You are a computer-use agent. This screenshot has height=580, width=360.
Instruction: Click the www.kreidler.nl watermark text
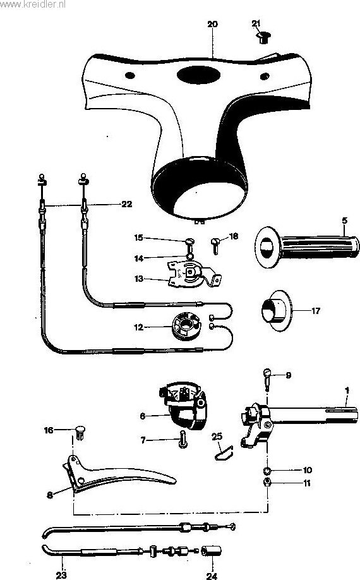[32, 4]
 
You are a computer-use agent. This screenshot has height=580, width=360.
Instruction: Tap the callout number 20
[212, 24]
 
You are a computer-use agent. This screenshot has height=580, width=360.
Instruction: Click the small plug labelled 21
[263, 37]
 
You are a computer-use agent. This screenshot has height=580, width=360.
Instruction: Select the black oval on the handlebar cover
[198, 75]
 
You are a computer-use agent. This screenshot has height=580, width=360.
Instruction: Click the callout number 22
[127, 204]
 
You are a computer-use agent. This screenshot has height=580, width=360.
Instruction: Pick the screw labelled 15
[189, 244]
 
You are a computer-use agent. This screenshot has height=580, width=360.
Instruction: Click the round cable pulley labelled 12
[186, 326]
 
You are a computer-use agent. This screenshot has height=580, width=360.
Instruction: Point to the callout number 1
[347, 390]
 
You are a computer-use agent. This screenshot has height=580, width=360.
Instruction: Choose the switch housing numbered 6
[183, 406]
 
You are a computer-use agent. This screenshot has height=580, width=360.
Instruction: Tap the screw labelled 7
[183, 439]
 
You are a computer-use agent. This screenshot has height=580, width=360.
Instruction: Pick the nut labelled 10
[267, 471]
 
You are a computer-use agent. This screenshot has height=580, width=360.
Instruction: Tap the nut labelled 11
[267, 482]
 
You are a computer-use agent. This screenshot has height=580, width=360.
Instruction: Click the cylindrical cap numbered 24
[212, 551]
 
